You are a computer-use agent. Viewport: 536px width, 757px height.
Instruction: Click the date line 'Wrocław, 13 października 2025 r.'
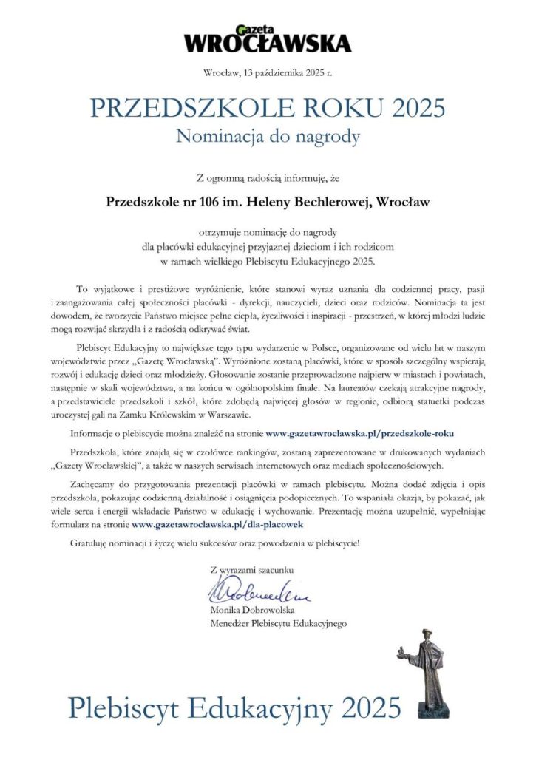(268, 72)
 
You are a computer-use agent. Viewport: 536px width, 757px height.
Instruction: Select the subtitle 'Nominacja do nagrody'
(268, 136)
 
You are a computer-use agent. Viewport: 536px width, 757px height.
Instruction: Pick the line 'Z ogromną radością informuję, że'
(268, 177)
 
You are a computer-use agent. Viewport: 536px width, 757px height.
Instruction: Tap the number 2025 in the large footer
(370, 707)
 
